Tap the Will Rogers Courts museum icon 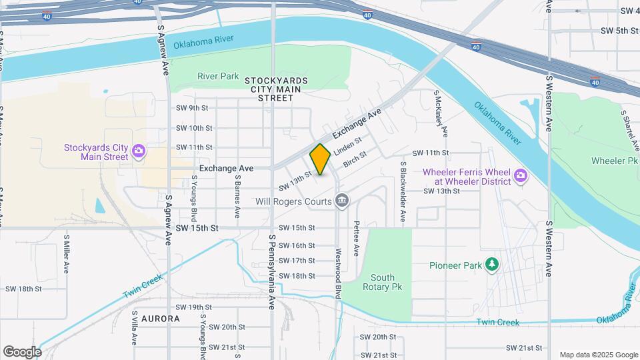click(x=342, y=201)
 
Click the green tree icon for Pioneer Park click(x=492, y=265)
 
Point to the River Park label click(x=218, y=76)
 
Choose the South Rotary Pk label click(x=383, y=282)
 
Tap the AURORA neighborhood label click(x=160, y=319)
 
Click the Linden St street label click(x=347, y=145)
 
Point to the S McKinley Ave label click(x=441, y=113)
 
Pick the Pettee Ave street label click(x=357, y=239)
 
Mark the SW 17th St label click(x=296, y=261)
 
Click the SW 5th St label click(x=619, y=31)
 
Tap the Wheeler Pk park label click(x=614, y=161)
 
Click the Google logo click(x=22, y=351)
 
